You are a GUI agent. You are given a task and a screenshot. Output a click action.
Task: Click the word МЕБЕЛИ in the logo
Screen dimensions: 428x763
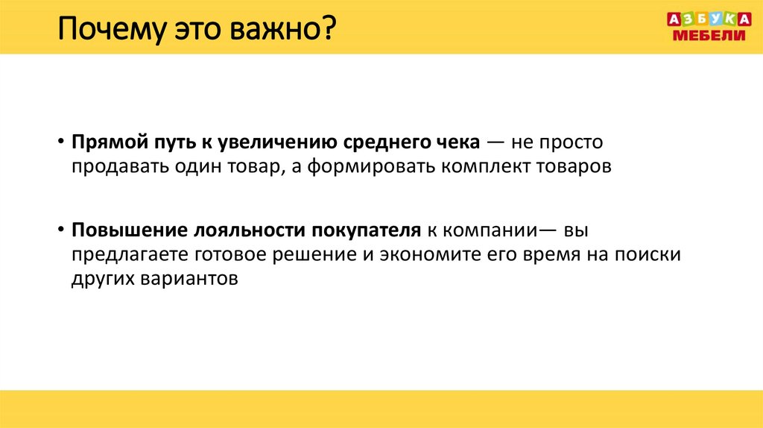click(709, 36)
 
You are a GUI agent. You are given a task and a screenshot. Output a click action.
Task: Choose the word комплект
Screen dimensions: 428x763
click(484, 166)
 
